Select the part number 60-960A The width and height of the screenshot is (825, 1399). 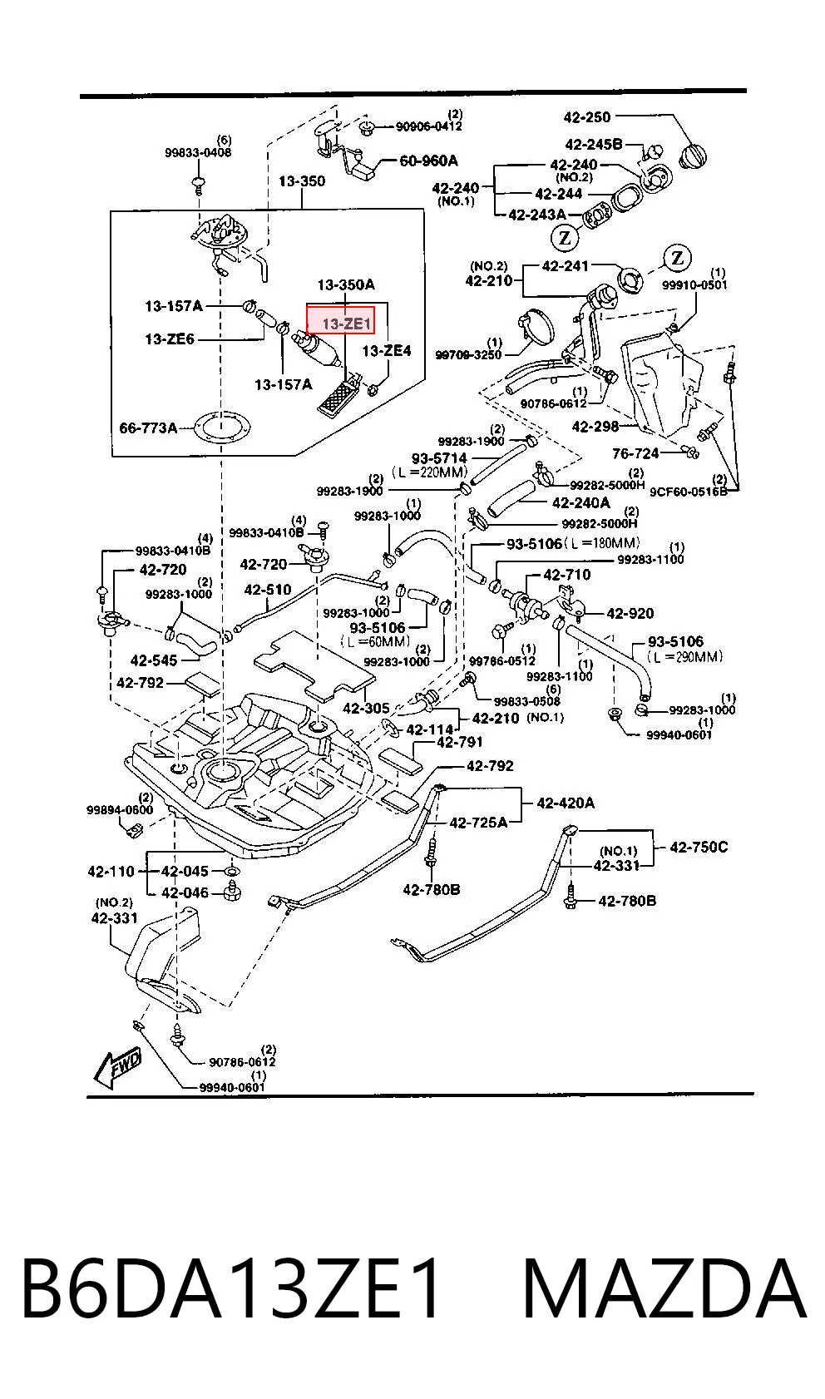click(x=428, y=161)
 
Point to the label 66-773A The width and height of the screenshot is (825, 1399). click(x=148, y=428)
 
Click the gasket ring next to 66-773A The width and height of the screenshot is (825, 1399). click(x=220, y=428)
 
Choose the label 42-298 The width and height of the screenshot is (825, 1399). click(x=595, y=427)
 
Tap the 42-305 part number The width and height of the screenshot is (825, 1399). click(x=366, y=708)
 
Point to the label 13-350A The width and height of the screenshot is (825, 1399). click(x=346, y=284)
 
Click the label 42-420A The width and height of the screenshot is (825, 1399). click(x=566, y=803)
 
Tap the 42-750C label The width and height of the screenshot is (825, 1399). click(x=699, y=847)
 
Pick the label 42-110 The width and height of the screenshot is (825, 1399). click(x=111, y=871)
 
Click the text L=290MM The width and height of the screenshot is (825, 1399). click(x=685, y=656)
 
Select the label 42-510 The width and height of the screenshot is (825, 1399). click(x=267, y=590)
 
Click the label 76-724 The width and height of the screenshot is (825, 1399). click(x=635, y=453)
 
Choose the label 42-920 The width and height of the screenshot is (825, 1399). click(x=630, y=613)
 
